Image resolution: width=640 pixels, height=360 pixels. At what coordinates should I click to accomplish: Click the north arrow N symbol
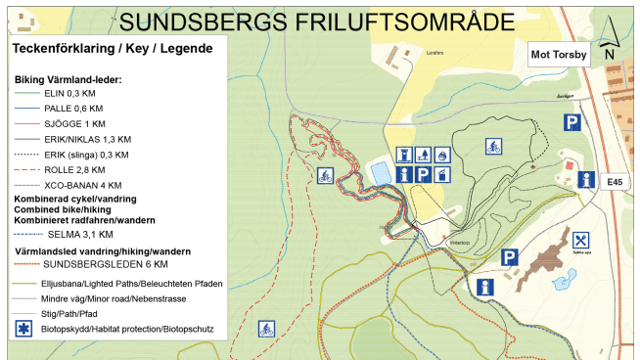[610, 55]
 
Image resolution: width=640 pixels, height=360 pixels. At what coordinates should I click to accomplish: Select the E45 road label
[615, 182]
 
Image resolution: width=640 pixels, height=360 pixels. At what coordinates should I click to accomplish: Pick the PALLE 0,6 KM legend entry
[76, 109]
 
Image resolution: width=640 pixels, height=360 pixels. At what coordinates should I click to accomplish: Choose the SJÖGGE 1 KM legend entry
[76, 124]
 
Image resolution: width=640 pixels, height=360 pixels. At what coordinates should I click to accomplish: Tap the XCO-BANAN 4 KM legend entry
[83, 184]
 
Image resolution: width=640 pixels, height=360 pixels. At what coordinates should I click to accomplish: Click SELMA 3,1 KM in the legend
[78, 235]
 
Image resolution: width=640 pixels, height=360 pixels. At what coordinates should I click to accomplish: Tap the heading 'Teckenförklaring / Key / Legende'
[113, 48]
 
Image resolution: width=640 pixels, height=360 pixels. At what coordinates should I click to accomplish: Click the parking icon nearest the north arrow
[571, 122]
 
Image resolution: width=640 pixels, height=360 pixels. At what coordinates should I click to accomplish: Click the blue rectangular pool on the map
[378, 174]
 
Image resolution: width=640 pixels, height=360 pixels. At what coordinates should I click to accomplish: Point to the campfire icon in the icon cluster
[442, 155]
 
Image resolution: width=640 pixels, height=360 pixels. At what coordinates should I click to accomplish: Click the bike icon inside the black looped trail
[495, 146]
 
